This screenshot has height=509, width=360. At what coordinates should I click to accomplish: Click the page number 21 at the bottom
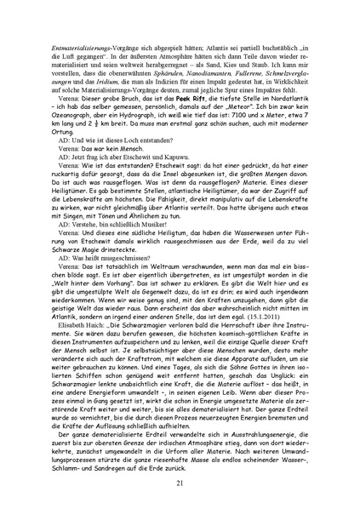pyautogui.click(x=180, y=483)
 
